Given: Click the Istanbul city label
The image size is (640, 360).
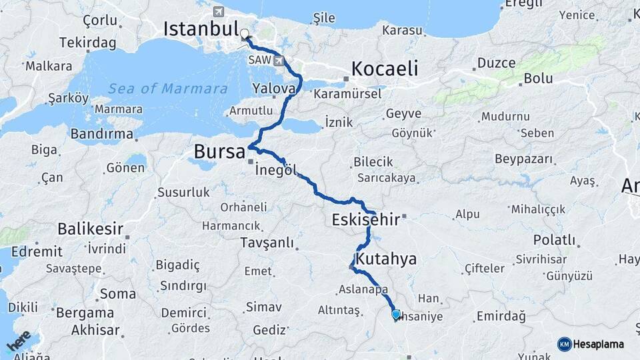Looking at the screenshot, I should coord(201,29).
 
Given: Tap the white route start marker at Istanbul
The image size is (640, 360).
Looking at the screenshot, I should coord(244,33).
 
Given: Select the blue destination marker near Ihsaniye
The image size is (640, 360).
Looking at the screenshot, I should coord(396,314).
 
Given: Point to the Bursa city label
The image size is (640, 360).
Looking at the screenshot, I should coord(219,152).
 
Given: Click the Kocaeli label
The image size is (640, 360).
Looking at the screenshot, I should coord(385,69).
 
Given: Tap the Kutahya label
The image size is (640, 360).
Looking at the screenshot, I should coord(386,259).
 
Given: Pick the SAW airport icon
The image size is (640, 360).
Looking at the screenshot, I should coord(278,61).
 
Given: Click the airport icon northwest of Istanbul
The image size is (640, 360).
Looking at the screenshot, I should coord(219,11).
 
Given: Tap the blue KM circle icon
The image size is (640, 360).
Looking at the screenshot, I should coord(564,344).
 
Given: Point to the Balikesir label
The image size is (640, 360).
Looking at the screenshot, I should coord(90,229).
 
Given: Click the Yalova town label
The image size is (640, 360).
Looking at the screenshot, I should coord(273,88).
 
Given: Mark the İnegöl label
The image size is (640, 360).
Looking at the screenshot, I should coord(275,170).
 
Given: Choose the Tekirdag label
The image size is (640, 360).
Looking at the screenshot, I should coord(87,43).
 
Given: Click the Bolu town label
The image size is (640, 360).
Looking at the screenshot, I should coord(538,78).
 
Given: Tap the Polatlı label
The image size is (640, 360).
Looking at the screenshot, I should coord(554,240).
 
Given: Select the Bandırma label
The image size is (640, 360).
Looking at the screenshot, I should coord(102,133).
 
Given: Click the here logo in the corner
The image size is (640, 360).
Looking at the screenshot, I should coord(19,341).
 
